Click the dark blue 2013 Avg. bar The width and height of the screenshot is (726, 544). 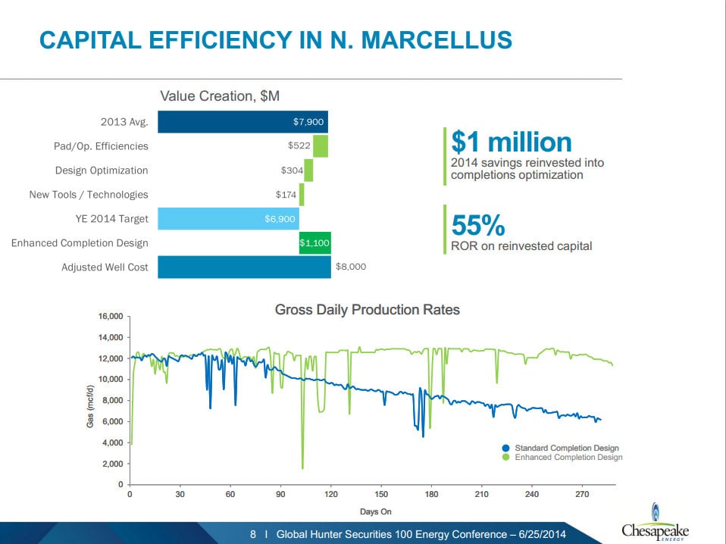point(243,122)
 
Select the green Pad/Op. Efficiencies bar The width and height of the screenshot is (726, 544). point(321,146)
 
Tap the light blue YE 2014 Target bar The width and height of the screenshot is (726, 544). point(228,219)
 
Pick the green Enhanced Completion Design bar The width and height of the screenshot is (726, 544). point(314,243)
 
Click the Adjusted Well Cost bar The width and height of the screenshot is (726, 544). point(244,267)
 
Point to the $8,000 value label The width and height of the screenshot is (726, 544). point(351,267)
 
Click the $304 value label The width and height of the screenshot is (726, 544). point(292,170)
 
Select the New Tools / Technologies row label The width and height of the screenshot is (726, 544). point(89,195)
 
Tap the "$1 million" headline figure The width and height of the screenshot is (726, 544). point(512,142)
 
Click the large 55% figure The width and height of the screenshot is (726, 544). point(478,225)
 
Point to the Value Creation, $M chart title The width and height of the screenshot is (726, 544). point(220,96)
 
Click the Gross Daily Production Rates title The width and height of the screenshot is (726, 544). point(367,310)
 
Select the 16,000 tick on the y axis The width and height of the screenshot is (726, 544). point(111,317)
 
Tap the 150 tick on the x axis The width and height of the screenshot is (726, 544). point(380,495)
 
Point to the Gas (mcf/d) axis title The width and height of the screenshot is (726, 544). point(90,400)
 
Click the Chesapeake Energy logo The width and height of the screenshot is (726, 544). point(655,524)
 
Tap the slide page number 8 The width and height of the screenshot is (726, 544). point(253,534)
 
